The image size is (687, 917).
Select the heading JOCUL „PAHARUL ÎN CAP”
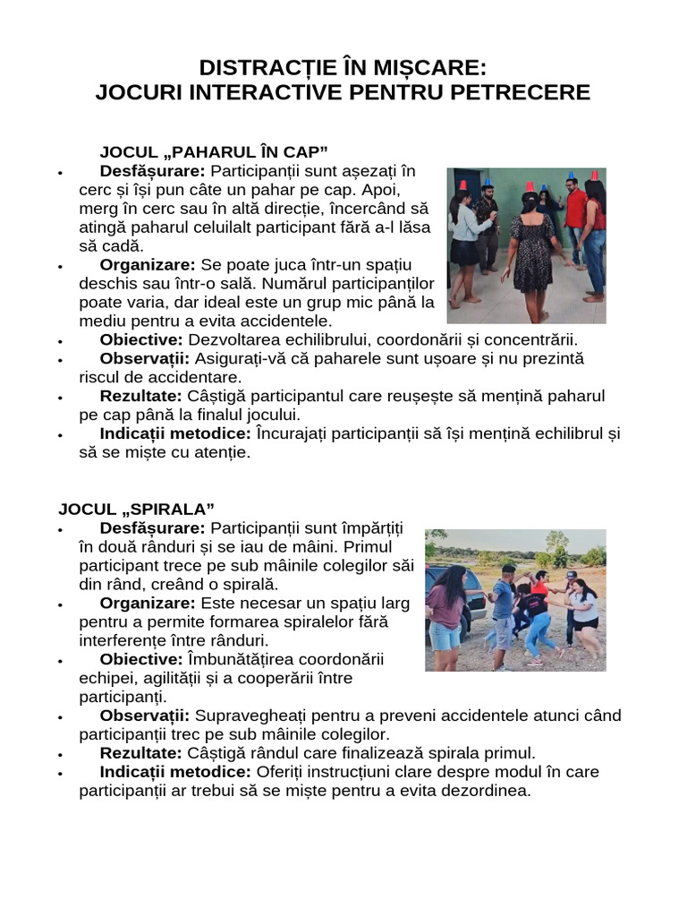[214, 150]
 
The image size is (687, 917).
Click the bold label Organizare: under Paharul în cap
[148, 264]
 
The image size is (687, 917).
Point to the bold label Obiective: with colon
[141, 339]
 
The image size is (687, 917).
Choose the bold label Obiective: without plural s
[140, 659]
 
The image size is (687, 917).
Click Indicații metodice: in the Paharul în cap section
[175, 433]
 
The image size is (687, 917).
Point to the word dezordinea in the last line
[490, 791]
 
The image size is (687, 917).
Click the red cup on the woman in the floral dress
[529, 186]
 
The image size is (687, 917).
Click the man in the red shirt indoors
[575, 215]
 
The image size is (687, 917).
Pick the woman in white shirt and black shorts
[585, 615]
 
